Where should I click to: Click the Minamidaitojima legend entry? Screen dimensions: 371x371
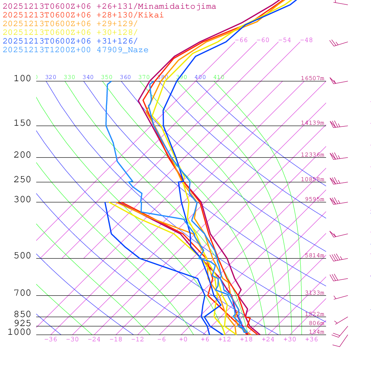109,7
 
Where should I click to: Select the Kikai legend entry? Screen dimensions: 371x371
83,15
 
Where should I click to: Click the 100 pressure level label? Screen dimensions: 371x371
22,79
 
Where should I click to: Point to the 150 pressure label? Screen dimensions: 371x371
22,123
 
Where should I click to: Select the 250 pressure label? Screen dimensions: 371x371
22,180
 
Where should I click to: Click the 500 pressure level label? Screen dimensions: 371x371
22,256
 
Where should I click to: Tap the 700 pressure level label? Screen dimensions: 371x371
22,293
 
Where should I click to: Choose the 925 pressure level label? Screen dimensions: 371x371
22,323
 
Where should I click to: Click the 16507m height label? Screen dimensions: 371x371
313,78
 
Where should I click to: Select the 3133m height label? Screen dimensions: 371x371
314,293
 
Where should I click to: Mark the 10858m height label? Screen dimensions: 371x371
313,179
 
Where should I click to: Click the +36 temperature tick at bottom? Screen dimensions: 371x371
312,339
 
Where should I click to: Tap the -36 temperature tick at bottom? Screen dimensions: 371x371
51,339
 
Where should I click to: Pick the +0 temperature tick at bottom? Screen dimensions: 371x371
183,339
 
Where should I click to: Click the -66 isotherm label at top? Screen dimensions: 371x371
241,40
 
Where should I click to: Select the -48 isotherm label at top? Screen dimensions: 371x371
307,40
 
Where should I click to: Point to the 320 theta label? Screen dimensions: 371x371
51,77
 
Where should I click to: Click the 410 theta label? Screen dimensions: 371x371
219,77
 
